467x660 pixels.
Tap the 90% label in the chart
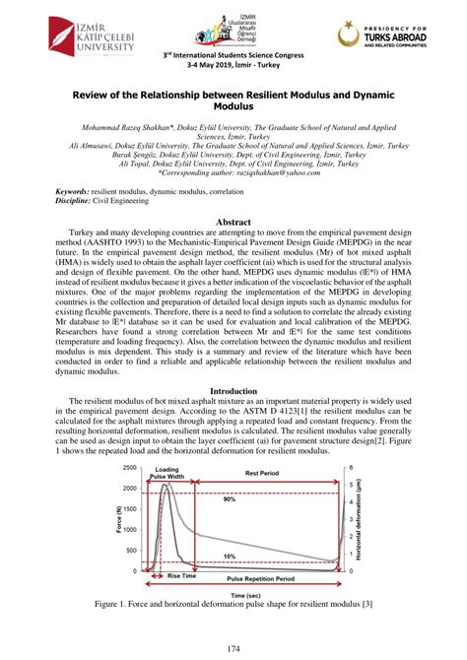pyautogui.click(x=230, y=499)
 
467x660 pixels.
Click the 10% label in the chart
pyautogui.click(x=230, y=558)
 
